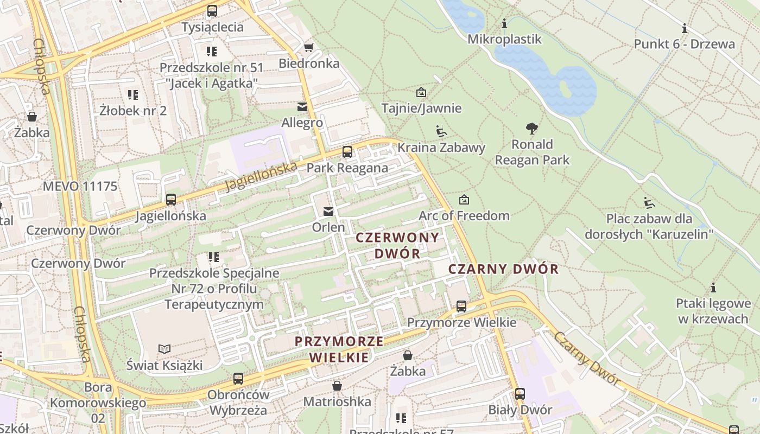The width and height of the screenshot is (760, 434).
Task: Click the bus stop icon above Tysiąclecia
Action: (212, 10)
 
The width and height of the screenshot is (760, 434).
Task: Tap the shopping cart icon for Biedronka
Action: (309, 48)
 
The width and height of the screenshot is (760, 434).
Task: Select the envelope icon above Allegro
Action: (302, 107)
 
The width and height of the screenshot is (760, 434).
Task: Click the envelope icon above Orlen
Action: (328, 211)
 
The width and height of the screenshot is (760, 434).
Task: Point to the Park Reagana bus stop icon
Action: (347, 152)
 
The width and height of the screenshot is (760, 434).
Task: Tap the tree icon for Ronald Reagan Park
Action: (532, 129)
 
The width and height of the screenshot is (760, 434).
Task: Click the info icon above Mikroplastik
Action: (504, 23)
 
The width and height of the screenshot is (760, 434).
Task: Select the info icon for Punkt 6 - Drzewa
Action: (685, 28)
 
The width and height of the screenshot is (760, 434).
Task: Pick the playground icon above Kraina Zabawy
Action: (441, 131)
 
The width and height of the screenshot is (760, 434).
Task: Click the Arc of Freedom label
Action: (464, 215)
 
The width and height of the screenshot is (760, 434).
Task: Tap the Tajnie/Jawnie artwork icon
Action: (421, 92)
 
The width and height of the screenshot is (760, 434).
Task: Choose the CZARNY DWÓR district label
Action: (504, 269)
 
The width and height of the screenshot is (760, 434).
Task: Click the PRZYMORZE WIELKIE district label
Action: (339, 349)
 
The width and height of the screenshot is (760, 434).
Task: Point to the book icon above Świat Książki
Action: (164, 349)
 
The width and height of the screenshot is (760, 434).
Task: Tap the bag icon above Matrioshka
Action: (337, 386)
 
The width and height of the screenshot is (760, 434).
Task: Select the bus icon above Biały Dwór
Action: (520, 394)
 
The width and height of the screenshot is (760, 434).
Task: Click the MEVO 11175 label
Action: (80, 187)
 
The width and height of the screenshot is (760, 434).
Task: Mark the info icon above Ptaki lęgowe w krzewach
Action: (713, 288)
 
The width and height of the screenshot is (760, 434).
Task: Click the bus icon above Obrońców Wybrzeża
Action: (238, 379)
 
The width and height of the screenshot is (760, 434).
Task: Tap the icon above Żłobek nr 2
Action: (133, 95)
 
